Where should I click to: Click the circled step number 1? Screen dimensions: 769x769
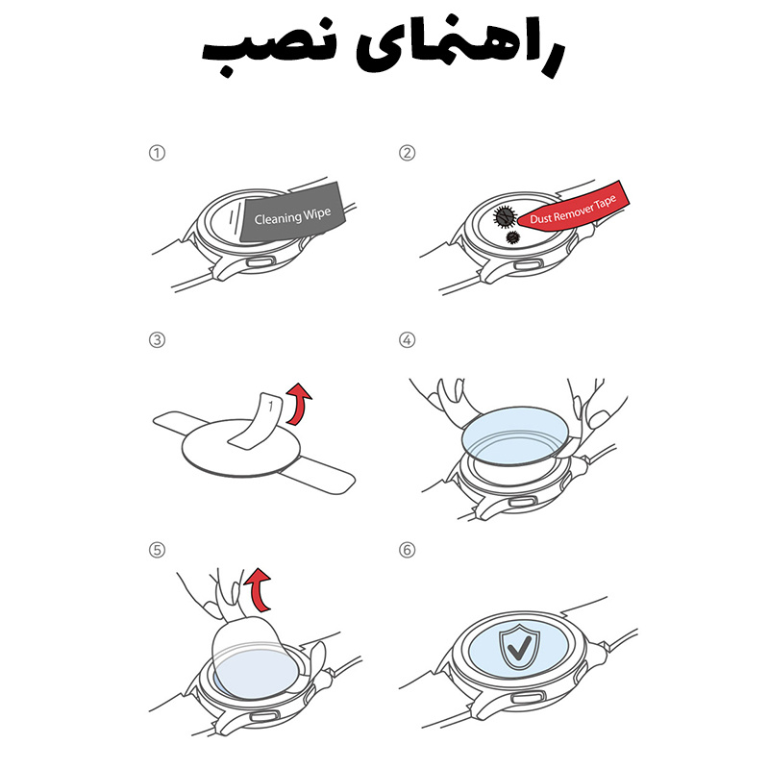coord(157,153)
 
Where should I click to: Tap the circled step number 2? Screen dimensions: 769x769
coord(407,153)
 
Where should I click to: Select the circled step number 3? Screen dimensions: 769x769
coord(157,340)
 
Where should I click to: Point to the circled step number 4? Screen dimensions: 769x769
coord(407,340)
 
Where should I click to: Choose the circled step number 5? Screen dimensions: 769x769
coord(157,550)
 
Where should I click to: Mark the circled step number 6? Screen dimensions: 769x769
coord(407,550)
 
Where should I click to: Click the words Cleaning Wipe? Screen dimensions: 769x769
coord(292,215)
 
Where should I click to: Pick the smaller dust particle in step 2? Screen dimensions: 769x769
coord(512,237)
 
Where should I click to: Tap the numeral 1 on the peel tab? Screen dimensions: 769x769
coord(270,406)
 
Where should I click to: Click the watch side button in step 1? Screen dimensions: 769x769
coord(260,260)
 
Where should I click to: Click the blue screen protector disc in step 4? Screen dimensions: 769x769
coord(515,435)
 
